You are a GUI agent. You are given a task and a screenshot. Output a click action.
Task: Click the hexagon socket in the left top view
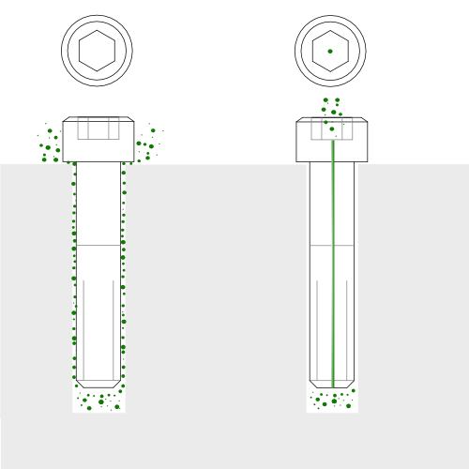click(97, 50)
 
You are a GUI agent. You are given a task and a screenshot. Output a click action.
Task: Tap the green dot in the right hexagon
click(330, 51)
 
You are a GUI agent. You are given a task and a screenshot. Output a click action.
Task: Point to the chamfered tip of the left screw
click(98, 384)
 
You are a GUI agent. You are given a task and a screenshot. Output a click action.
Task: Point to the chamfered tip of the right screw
click(333, 384)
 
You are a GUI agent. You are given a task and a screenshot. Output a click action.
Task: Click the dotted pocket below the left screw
click(98, 401)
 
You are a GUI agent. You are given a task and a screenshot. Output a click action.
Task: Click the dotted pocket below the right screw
click(332, 401)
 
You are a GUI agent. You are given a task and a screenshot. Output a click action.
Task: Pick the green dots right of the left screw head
click(147, 145)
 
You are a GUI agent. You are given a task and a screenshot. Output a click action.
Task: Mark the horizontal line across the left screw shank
click(98, 245)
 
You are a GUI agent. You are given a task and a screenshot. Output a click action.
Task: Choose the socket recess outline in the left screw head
click(98, 129)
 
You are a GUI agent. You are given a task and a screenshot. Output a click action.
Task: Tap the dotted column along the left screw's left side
click(74, 272)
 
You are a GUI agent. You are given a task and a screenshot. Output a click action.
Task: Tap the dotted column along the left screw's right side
click(123, 272)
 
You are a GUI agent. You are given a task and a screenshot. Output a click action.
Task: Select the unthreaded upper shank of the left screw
click(98, 202)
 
